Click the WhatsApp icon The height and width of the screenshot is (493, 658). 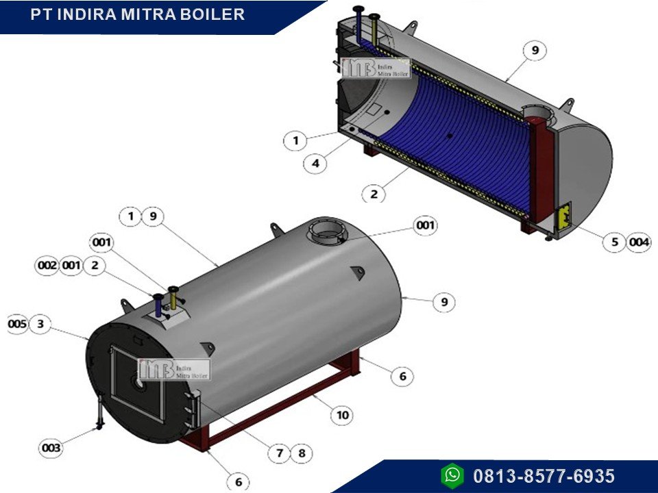452,476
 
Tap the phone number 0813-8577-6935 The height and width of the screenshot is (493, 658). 544,477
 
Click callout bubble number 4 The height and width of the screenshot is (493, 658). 315,163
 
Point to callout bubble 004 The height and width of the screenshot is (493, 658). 639,242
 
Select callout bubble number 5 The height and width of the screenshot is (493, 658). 615,242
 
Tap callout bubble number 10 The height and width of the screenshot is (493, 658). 343,415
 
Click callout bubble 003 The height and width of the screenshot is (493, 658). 51,448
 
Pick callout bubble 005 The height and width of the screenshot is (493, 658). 18,324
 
